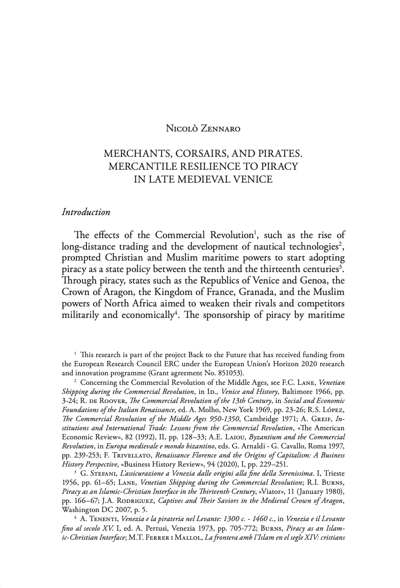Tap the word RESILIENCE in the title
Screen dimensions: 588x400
pos(216,167)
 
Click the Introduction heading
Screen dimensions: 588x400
pos(86,212)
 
